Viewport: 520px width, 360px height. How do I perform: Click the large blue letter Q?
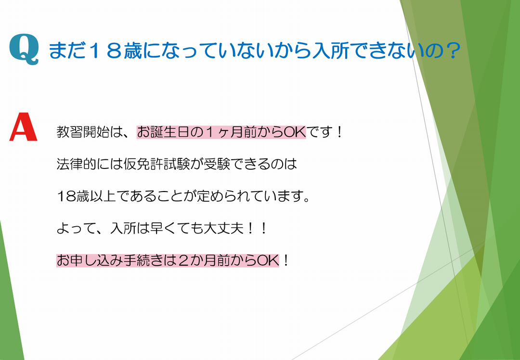24,49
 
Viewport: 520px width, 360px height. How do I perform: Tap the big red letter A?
23,127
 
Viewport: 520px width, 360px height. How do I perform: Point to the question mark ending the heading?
451,51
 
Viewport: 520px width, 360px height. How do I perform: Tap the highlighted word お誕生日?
163,132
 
